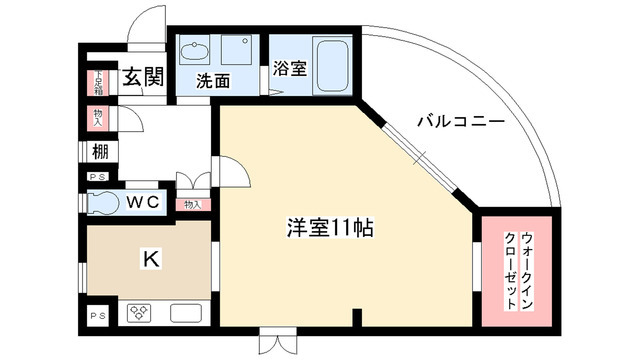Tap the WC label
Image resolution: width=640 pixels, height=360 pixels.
coord(142,200)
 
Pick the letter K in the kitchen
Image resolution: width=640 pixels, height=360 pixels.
coord(148,258)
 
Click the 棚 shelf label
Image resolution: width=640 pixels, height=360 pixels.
coord(100,153)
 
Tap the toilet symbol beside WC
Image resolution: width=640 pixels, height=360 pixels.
coord(102,200)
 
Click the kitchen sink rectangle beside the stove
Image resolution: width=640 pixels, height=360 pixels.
coord(188,312)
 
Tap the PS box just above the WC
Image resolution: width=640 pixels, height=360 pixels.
coord(96,178)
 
